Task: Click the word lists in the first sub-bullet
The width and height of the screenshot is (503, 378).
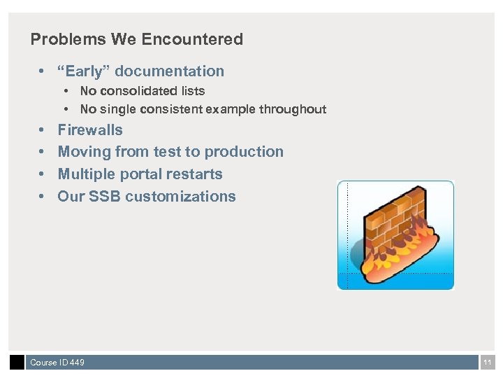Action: tap(193, 90)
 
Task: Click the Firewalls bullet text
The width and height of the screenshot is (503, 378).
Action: tap(90, 129)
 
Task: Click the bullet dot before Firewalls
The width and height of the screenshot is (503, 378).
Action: tap(42, 130)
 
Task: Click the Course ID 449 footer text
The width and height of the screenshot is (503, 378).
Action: tap(57, 363)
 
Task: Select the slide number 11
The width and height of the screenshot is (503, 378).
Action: tap(488, 363)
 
